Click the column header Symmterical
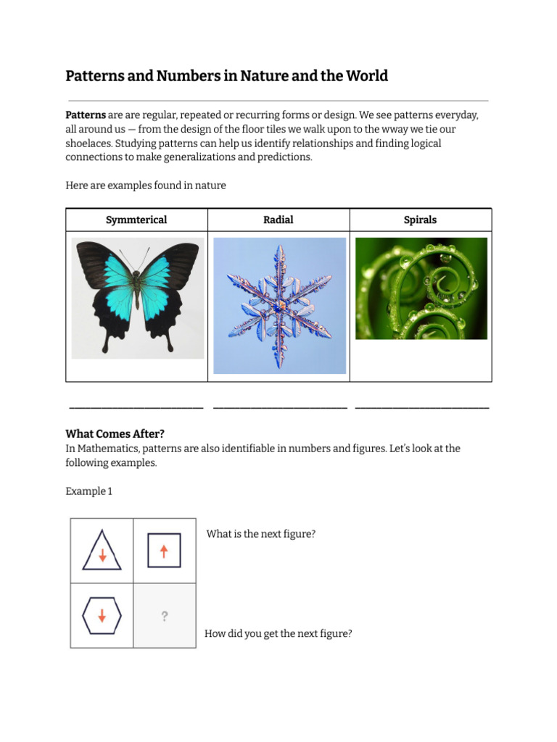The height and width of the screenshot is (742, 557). click(x=136, y=220)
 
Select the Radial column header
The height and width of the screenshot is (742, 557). click(x=278, y=220)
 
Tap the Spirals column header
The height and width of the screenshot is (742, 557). click(x=421, y=220)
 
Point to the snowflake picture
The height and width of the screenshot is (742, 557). click(x=279, y=305)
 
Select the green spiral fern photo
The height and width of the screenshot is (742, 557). click(x=421, y=288)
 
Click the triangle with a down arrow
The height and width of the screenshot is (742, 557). click(x=102, y=551)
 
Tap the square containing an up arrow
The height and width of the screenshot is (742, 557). click(x=164, y=551)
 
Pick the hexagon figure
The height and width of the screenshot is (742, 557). click(x=102, y=616)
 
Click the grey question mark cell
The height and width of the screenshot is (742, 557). click(x=165, y=617)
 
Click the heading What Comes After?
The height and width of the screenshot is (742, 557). click(x=115, y=434)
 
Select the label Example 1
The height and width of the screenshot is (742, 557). click(x=88, y=491)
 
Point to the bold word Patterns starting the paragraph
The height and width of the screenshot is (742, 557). click(x=86, y=115)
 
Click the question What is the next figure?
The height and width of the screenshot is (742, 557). click(x=260, y=534)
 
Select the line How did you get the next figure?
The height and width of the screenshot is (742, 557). click(x=278, y=633)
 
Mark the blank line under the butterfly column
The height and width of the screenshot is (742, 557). click(x=136, y=408)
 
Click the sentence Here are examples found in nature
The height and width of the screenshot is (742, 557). click(x=146, y=185)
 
